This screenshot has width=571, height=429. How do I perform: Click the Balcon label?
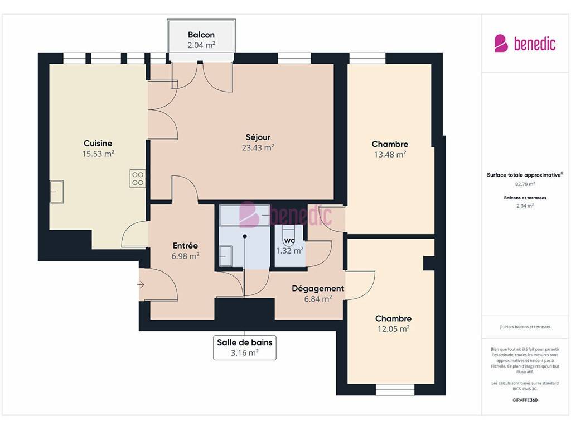201,35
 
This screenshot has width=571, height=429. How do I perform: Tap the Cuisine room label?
98,144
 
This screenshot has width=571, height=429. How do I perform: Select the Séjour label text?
258,137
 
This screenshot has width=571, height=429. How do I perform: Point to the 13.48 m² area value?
390,155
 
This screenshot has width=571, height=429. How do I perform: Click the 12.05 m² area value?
393,329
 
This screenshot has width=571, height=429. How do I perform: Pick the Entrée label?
185,246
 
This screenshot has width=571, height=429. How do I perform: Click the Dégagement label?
318,289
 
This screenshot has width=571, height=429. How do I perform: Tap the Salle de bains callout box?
245,347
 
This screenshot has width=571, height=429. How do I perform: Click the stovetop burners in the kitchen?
138,179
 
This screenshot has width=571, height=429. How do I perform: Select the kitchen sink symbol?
56,192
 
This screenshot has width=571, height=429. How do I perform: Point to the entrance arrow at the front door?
141,285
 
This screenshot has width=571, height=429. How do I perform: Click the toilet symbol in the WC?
288,235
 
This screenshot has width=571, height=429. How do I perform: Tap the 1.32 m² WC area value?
289,251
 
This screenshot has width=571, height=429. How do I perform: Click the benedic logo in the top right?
525,44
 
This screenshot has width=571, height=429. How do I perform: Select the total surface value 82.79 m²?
525,184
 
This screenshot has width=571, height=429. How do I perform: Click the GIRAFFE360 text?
525,400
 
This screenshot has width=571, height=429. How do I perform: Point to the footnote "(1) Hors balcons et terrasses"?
525,327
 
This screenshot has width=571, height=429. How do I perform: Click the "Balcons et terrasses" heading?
525,198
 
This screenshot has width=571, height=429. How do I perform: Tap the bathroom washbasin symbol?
226,256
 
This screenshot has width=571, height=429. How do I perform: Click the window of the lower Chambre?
395,389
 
